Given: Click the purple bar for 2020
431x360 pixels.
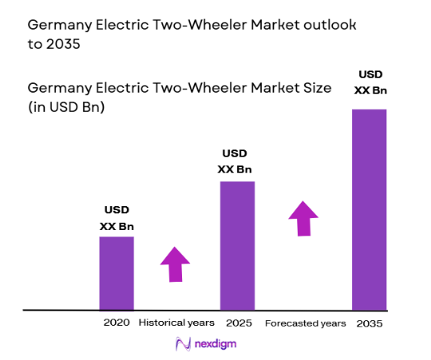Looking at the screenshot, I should click(117, 272).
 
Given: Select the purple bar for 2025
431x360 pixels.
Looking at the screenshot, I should click(237, 245).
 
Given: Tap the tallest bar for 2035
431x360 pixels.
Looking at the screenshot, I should click(369, 208).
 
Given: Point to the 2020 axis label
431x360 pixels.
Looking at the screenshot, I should click(116, 323).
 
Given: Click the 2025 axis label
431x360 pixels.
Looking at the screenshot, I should click(238, 323).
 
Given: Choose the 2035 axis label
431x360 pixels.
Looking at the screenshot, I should click(370, 323).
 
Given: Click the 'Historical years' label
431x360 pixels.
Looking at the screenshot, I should click(176, 323).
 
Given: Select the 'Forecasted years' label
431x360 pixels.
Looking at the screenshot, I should click(305, 323).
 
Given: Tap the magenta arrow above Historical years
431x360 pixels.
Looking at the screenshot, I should click(175, 264).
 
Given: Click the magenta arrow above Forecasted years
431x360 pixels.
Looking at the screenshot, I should click(303, 218).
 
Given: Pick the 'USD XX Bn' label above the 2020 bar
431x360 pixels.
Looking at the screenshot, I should click(117, 218).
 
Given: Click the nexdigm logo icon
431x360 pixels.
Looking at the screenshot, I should click(182, 344).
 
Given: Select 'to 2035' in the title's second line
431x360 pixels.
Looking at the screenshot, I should click(55, 45).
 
